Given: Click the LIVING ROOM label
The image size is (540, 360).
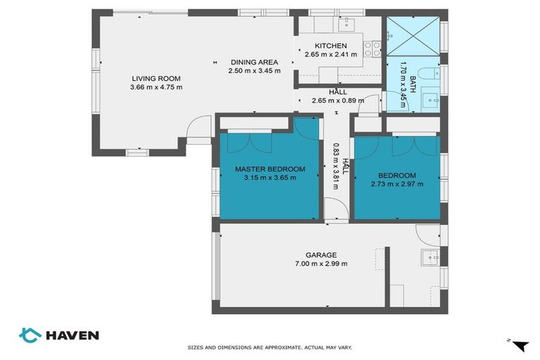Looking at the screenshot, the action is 156,79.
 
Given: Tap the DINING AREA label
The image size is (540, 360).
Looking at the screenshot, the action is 254,63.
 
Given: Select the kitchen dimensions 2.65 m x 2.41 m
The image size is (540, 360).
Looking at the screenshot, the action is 331,54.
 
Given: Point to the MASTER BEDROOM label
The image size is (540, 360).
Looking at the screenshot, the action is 270,169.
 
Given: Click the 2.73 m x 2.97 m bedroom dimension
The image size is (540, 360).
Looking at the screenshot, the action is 397,184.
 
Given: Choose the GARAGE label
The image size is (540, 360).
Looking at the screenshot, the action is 321,255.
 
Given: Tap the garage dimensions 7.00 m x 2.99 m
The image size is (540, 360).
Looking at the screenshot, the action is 321,264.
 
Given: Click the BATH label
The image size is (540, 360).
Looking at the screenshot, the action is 412,84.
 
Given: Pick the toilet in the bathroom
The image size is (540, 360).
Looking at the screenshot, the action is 429,73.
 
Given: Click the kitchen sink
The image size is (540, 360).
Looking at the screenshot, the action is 347,25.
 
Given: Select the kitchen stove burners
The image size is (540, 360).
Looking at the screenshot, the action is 373,49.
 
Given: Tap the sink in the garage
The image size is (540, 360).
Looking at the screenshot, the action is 430,257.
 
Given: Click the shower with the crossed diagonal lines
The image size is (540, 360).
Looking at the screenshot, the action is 413,36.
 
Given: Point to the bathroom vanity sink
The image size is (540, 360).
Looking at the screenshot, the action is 430,101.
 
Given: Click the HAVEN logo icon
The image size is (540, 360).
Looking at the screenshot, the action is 30,335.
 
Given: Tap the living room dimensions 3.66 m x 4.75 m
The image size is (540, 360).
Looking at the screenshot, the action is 156,87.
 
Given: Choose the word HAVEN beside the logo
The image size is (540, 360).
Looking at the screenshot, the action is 72,335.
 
